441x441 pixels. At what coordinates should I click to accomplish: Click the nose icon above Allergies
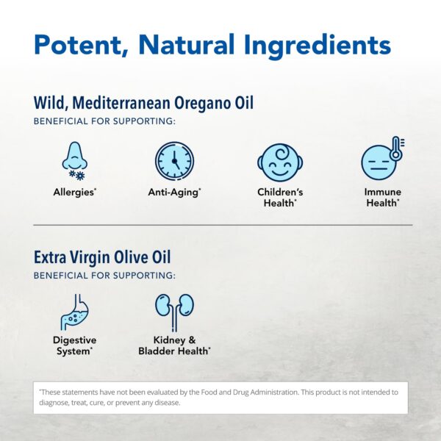(73, 155)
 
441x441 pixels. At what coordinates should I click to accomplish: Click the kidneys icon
(174, 310)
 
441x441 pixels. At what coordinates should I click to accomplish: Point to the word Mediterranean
(118, 103)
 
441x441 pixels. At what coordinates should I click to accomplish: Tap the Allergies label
(74, 192)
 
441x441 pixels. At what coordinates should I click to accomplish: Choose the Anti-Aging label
(173, 192)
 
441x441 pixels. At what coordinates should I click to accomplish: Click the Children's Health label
(279, 197)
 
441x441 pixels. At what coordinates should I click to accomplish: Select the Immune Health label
(383, 197)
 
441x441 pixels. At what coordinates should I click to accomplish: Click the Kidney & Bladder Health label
(174, 346)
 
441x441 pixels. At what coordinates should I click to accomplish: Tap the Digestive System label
(74, 346)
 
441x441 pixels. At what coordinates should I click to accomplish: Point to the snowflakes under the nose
(76, 176)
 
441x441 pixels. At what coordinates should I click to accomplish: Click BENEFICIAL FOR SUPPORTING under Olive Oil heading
(104, 276)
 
